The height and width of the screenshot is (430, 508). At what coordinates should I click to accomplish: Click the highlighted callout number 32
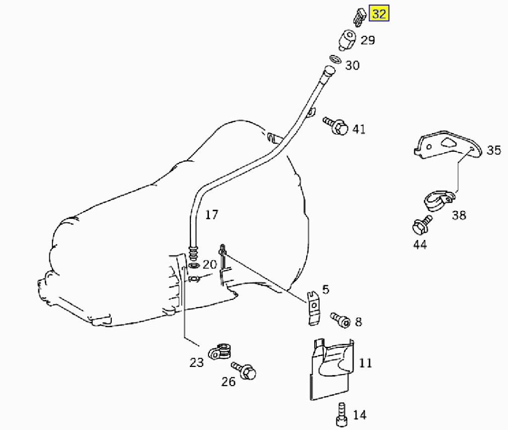click(x=379, y=14)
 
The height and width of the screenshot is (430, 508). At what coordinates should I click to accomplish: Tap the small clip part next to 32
click(x=359, y=16)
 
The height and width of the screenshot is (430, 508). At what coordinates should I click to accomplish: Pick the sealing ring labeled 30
click(x=335, y=59)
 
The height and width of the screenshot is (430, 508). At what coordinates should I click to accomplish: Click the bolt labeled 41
click(x=335, y=126)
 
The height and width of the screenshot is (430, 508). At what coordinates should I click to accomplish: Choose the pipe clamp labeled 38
click(x=438, y=201)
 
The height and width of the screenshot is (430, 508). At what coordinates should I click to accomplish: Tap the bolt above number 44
click(x=422, y=224)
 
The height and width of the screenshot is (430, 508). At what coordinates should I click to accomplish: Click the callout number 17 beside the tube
click(x=212, y=214)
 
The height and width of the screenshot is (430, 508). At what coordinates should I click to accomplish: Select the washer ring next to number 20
click(x=194, y=266)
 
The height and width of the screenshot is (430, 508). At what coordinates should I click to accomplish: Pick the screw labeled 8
click(x=340, y=320)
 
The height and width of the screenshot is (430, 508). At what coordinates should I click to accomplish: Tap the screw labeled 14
click(x=342, y=414)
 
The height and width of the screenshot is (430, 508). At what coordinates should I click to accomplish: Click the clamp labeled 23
click(x=221, y=351)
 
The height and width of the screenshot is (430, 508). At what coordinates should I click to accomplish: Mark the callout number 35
click(x=494, y=150)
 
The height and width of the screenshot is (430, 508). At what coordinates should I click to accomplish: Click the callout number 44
click(x=420, y=244)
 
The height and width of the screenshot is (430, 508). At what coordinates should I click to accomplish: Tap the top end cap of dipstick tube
click(x=329, y=71)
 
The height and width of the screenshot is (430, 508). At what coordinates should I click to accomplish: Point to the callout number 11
click(x=365, y=362)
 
